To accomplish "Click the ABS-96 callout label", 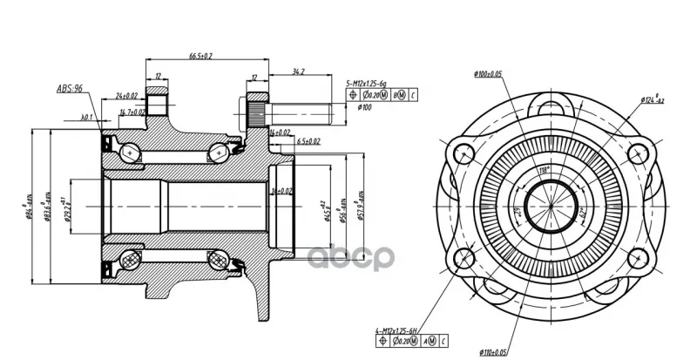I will (x=69, y=88).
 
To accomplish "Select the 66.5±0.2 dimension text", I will (x=201, y=56).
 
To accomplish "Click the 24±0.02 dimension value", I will (x=125, y=95).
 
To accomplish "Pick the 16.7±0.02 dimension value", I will (x=132, y=112).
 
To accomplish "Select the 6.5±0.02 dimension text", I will (x=308, y=139).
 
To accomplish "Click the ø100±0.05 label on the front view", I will (x=489, y=74).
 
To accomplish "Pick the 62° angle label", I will (x=580, y=212).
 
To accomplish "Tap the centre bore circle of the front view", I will (x=549, y=209).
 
